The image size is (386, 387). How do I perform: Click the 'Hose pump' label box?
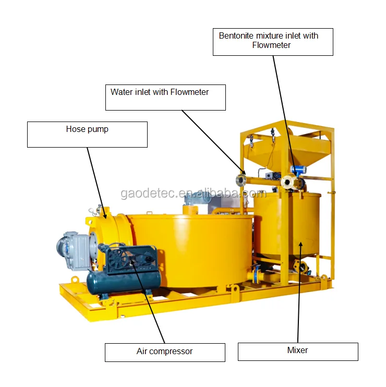pos(87,134)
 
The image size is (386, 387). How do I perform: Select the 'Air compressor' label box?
pos(165,352)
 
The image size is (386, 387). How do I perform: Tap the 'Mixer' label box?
pos(298,351)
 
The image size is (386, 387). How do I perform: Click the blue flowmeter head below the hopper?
pos(298,170)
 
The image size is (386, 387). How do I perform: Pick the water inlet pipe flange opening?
pos(240,180)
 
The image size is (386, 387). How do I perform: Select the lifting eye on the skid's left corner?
pos(75,280)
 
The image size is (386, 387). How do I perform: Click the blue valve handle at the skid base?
pos(256,270)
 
